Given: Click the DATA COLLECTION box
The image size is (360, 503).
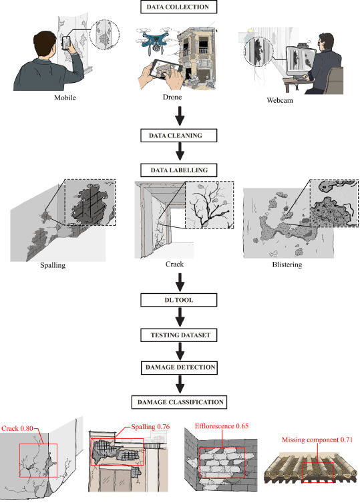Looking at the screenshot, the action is pyautogui.click(x=178, y=7).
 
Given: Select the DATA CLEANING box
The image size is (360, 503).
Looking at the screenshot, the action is pyautogui.click(x=178, y=136).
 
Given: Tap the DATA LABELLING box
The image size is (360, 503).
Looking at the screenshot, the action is pyautogui.click(x=178, y=170).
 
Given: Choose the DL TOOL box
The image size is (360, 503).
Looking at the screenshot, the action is pyautogui.click(x=178, y=300).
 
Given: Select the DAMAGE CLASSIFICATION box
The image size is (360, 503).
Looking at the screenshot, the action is pyautogui.click(x=179, y=402).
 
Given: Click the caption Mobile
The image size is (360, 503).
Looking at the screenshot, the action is pyautogui.click(x=65, y=98).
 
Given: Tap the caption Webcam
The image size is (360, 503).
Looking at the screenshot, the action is pyautogui.click(x=279, y=100).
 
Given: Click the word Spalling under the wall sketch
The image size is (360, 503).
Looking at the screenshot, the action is pyautogui.click(x=53, y=265).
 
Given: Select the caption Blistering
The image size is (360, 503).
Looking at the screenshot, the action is pyautogui.click(x=287, y=265).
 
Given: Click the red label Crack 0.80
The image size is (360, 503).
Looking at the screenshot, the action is pyautogui.click(x=17, y=428).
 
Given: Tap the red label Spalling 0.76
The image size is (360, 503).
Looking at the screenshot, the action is pyautogui.click(x=150, y=427).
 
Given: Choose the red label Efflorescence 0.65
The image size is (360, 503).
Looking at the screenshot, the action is pyautogui.click(x=222, y=426).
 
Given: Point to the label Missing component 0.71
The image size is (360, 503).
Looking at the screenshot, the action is pyautogui.click(x=317, y=440).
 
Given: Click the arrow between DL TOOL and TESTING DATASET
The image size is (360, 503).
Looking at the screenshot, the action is pyautogui.click(x=180, y=317).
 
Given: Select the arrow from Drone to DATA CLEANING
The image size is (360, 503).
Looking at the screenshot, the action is pyautogui.click(x=180, y=116).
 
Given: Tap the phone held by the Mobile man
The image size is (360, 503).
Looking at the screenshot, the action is pyautogui.click(x=66, y=43).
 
